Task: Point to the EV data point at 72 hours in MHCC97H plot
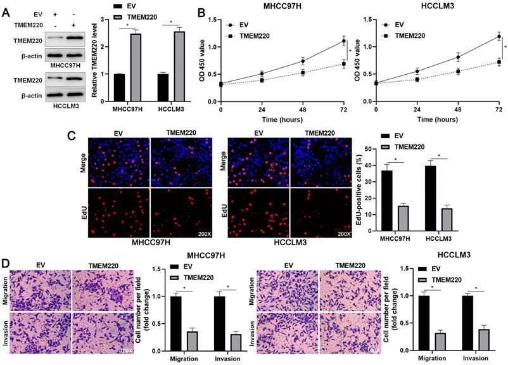pyautogui.click(x=344, y=41)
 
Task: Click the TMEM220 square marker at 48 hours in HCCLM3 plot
pyautogui.click(x=457, y=72)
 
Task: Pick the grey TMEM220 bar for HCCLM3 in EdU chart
pyautogui.click(x=447, y=215)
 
